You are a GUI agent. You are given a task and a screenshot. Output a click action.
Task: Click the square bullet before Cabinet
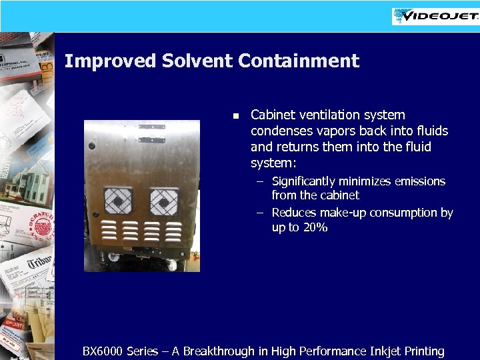click(x=235, y=116)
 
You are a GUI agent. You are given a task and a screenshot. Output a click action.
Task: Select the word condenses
click(x=282, y=131)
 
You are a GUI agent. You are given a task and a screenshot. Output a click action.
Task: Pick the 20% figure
click(x=314, y=227)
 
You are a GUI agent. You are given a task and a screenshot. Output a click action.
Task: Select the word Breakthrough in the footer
click(x=219, y=351)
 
